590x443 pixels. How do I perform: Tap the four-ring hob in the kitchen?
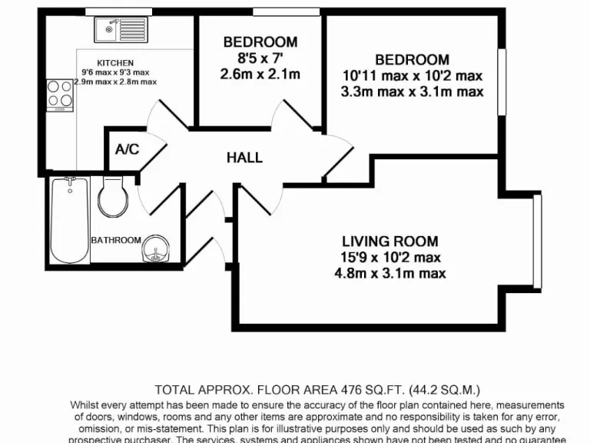click(58, 94)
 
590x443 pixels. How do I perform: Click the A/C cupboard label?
click(127, 148)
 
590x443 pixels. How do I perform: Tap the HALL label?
click(244, 158)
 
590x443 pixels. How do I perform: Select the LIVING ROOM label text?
click(390, 241)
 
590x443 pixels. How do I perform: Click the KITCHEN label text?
click(115, 63)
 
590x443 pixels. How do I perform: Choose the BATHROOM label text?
click(116, 240)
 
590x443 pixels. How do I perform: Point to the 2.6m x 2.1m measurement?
click(260, 74)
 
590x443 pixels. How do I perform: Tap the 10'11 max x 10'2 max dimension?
click(413, 76)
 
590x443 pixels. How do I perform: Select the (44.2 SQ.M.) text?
click(436, 390)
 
